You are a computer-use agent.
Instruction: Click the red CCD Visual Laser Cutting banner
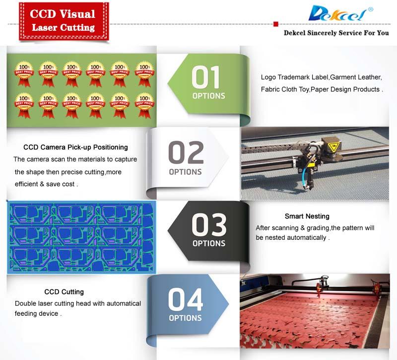click(63, 20)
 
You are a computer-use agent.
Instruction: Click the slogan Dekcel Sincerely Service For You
click(336, 33)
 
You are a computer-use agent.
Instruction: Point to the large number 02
click(186, 152)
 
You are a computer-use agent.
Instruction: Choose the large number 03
click(209, 225)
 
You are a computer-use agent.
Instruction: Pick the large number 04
click(185, 299)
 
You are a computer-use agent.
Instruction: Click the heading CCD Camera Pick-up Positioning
click(75, 147)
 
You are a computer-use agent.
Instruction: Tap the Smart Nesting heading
click(307, 216)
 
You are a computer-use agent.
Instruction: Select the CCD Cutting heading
click(64, 291)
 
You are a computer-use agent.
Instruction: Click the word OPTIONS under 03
click(209, 243)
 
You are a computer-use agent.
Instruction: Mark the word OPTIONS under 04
click(185, 318)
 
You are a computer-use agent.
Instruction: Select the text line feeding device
click(37, 314)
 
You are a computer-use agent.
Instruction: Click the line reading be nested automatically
click(292, 237)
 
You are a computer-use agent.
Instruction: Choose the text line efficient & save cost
click(46, 184)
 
